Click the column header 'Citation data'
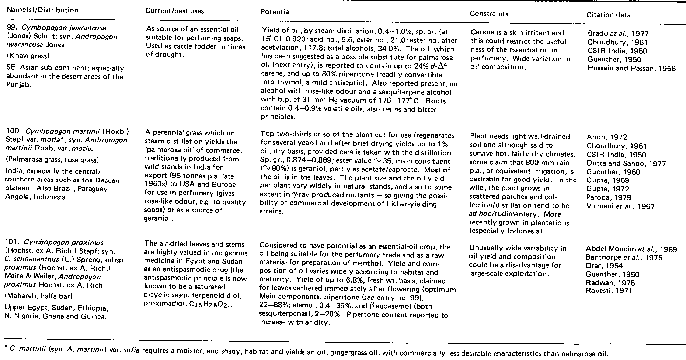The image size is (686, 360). (x=608, y=15)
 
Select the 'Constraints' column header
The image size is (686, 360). (x=489, y=14)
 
